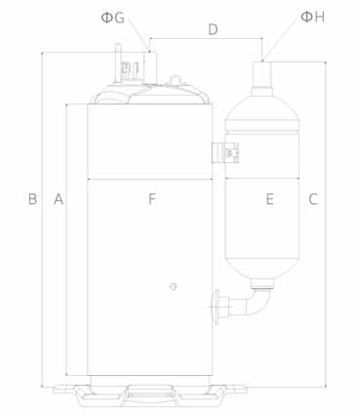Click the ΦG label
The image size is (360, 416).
click(113, 18)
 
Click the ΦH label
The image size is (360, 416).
click(312, 17)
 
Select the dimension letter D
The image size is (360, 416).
click(213, 29)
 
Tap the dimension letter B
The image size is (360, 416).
click(32, 199)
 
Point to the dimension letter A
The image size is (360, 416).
click(59, 199)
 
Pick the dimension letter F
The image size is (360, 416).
click(152, 199)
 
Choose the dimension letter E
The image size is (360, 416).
click(269, 199)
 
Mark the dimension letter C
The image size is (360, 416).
click(313, 199)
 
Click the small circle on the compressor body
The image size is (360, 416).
click(174, 286)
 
